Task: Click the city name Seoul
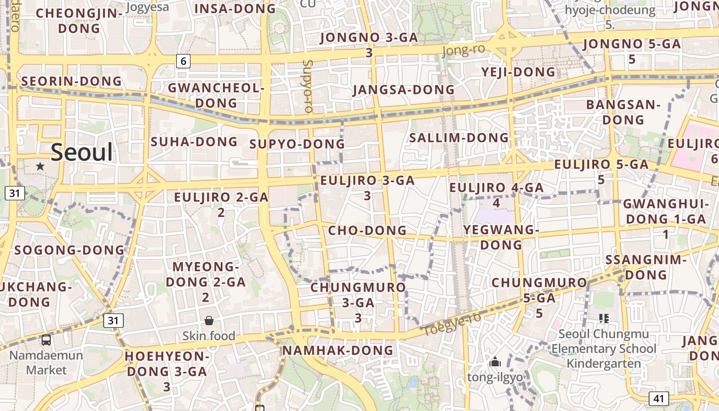pyautogui.click(x=82, y=153)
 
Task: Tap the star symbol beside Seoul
pyautogui.click(x=40, y=166)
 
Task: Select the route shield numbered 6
pyautogui.click(x=183, y=61)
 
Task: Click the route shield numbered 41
pyautogui.click(x=658, y=398)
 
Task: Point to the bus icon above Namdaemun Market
pyautogui.click(x=46, y=340)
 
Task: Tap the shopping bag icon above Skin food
pyautogui.click(x=209, y=321)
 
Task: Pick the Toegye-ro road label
pyautogui.click(x=452, y=324)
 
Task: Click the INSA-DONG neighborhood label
pyautogui.click(x=236, y=8)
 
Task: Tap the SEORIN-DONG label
pyautogui.click(x=71, y=81)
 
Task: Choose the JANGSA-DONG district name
pyautogui.click(x=404, y=89)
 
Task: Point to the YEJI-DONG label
pyautogui.click(x=519, y=72)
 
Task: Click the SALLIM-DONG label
pyautogui.click(x=459, y=138)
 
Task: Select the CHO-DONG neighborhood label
pyautogui.click(x=367, y=230)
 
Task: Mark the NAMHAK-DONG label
pyautogui.click(x=338, y=350)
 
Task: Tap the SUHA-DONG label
pyautogui.click(x=194, y=141)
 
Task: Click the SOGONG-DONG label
pyautogui.click(x=69, y=250)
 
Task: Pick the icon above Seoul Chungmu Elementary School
pyautogui.click(x=603, y=319)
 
